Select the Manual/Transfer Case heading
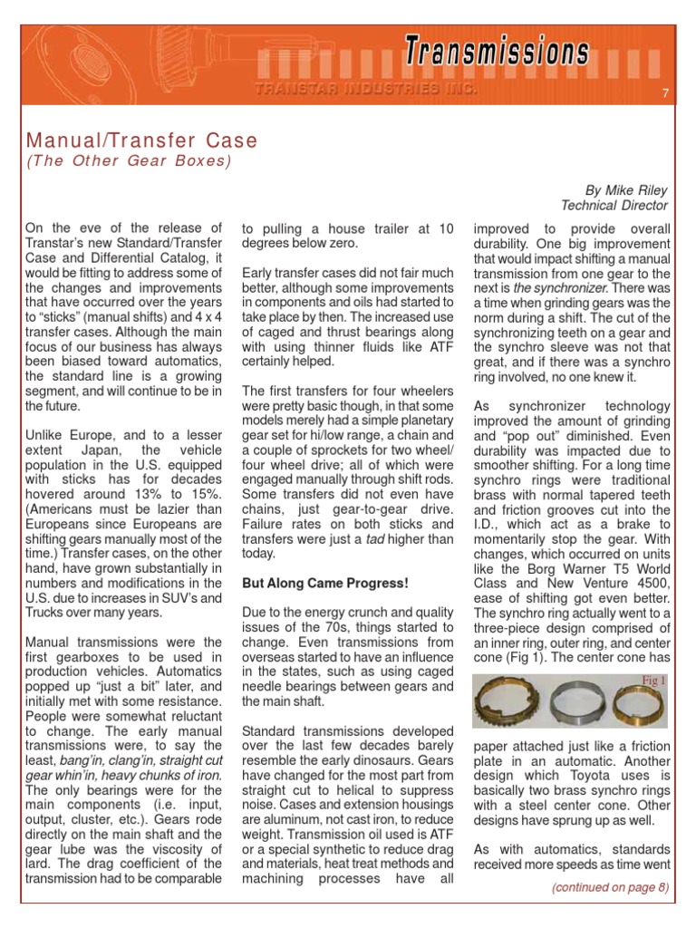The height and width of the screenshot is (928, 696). click(x=142, y=141)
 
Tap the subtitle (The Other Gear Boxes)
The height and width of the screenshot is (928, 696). click(x=129, y=161)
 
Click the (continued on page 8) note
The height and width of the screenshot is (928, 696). click(x=610, y=887)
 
